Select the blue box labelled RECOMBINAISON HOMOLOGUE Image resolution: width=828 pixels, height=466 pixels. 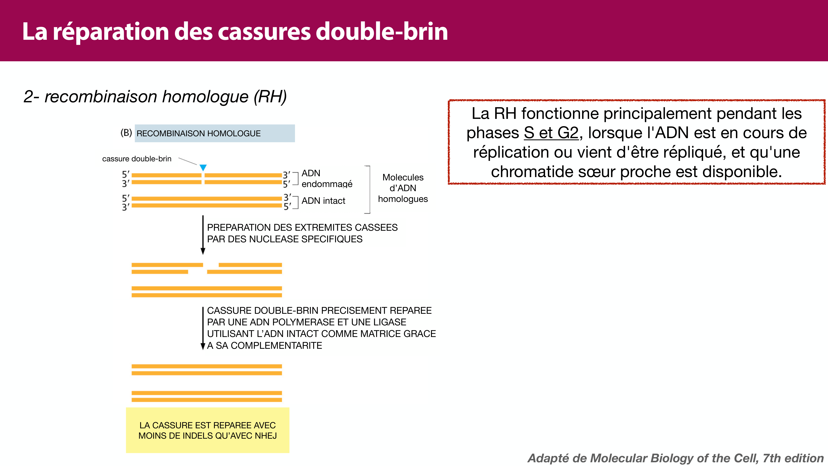214,133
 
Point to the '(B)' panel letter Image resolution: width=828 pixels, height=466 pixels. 126,133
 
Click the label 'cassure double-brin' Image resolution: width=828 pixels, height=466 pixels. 137,159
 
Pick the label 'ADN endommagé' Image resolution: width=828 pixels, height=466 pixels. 327,179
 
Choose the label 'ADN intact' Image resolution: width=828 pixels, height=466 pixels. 323,201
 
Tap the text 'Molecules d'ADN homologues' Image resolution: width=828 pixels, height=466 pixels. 403,188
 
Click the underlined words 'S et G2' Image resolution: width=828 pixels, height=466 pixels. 551,133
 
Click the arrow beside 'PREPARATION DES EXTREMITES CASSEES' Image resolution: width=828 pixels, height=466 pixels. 203,235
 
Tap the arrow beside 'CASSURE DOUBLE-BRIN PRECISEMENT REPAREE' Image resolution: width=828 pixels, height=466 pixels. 203,328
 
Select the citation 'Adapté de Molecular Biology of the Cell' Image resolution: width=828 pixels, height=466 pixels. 675,458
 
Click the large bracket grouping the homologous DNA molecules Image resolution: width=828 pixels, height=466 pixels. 369,190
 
